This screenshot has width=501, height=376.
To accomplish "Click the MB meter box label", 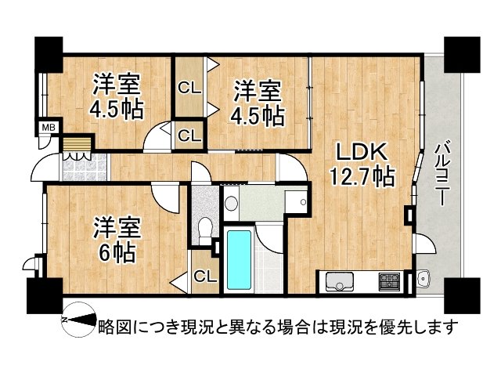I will coord(48,126).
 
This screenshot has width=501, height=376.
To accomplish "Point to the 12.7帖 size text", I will coord(361,177).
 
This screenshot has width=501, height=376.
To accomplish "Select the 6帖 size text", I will coord(118,252).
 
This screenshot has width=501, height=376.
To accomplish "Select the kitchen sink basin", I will coord(340,280).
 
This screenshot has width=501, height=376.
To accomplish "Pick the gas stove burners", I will coord(388,280).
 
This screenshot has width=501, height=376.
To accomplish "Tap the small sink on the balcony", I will coord(424,277).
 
